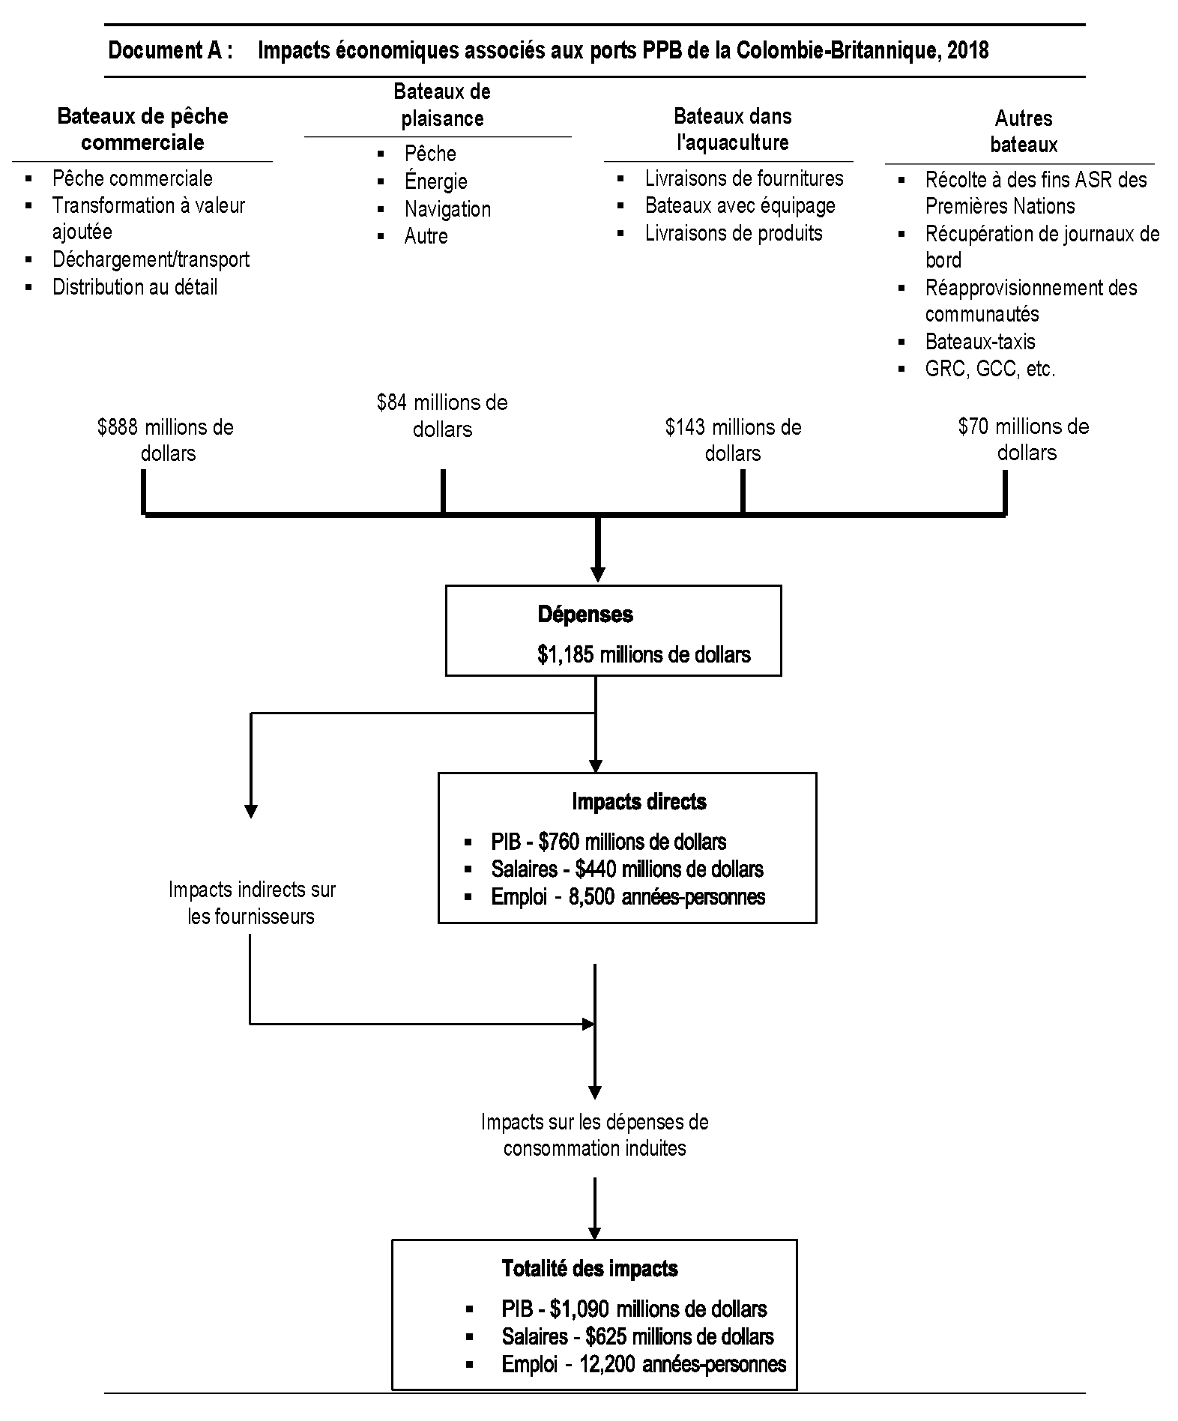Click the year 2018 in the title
pos(968,51)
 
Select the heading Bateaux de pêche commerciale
pos(142,129)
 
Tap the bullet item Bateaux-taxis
pos(979,342)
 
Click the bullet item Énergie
pos(435,181)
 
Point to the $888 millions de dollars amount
pos(166,440)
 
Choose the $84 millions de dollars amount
pos(442,415)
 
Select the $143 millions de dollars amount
pos(733,440)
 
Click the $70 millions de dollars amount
pos(1024,439)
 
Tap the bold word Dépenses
pos(585,615)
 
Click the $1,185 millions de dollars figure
pos(644,654)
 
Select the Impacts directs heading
pos(638,802)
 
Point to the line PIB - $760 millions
pos(608,842)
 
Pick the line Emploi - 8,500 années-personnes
pos(627,896)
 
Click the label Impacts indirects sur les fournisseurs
pos(252,903)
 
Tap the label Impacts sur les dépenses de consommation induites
pos(594,1135)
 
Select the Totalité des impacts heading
pos(589,1269)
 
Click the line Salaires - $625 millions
pos(637,1336)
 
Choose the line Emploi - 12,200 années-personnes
pos(643,1364)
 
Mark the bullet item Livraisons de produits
pos(733,233)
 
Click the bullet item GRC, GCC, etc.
pos(990,369)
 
